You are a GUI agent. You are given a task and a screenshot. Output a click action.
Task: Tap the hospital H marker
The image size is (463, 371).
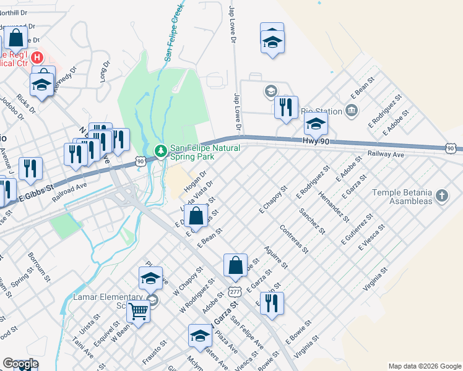[37, 58]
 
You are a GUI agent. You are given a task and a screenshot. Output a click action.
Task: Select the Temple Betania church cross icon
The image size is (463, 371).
[441, 196]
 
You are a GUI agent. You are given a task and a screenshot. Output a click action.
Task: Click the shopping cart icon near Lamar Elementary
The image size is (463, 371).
[139, 312]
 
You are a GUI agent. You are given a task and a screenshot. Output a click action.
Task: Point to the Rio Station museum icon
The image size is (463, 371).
[352, 111]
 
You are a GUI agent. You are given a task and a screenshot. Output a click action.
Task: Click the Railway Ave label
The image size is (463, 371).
[385, 155]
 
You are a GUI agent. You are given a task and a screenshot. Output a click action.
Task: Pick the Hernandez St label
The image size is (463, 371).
[334, 207]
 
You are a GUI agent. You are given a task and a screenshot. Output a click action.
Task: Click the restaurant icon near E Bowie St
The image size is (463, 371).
[272, 303]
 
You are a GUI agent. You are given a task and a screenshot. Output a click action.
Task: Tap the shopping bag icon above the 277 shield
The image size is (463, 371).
[235, 265]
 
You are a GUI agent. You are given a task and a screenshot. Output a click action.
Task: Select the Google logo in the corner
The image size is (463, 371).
[20, 364]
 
